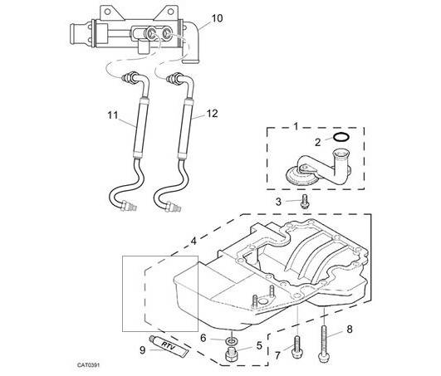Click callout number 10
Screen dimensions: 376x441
click(218, 17)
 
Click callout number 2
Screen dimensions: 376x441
click(319, 142)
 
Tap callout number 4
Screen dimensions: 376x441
click(194, 241)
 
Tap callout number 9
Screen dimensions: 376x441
click(142, 350)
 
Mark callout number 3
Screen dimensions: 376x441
click(277, 201)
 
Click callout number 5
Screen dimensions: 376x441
click(258, 344)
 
